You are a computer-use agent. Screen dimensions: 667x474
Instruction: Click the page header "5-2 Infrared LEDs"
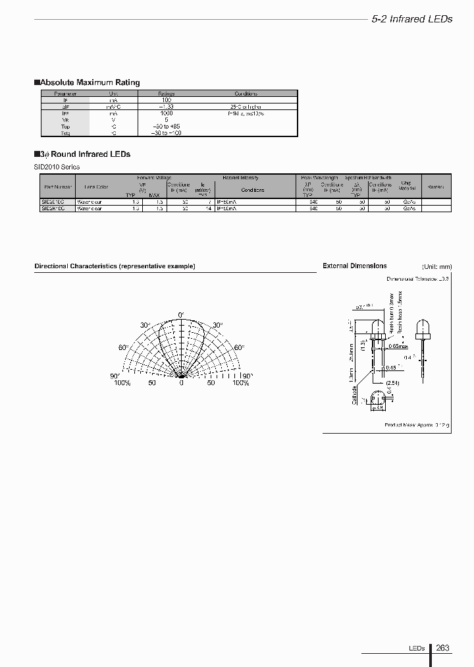411,19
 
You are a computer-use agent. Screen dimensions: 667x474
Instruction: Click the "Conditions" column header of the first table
246,94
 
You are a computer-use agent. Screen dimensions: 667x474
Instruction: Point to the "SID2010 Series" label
57,167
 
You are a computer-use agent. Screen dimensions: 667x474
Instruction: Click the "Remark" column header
435,187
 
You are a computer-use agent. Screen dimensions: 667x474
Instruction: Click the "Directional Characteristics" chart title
115,266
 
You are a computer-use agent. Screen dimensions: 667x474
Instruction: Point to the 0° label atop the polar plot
182,314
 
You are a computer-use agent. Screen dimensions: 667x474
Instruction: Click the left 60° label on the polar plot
123,347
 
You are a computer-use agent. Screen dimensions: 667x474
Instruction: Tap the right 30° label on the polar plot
217,325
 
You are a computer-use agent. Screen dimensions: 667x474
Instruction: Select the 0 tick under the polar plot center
182,383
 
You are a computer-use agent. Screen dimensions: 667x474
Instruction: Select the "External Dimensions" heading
355,266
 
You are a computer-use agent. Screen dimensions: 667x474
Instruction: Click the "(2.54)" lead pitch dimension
394,382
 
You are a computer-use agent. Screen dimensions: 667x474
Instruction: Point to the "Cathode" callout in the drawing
355,395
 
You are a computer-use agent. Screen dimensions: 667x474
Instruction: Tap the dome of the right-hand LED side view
423,325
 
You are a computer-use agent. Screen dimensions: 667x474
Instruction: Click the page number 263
442,648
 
